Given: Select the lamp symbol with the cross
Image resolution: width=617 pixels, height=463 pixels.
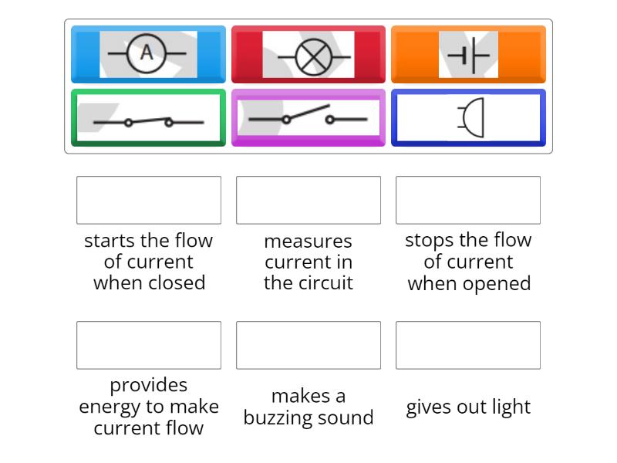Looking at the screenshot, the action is point(308,55).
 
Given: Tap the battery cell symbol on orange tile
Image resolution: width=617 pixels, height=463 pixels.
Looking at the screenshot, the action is point(468,55).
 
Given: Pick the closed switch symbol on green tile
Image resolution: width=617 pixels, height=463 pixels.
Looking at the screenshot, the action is point(148,120).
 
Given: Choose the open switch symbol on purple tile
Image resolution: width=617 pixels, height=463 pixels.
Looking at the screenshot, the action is point(308,118).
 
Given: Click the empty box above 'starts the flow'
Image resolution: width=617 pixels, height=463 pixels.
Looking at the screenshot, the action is point(149,200).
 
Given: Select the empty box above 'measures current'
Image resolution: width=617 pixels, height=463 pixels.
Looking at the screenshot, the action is point(308,200).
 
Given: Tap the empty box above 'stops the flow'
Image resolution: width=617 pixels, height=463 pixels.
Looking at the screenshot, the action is point(468,200).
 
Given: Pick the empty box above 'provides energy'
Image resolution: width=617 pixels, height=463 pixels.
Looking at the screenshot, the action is point(149,345).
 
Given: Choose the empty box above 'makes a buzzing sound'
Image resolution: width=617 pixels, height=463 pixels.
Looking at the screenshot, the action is point(308,345).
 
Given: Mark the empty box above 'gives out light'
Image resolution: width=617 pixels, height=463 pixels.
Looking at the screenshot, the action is point(468,345).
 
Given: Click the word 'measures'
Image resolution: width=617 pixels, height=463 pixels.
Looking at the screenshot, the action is point(308,242).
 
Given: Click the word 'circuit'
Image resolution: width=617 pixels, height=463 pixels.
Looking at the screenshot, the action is point(324,283).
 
